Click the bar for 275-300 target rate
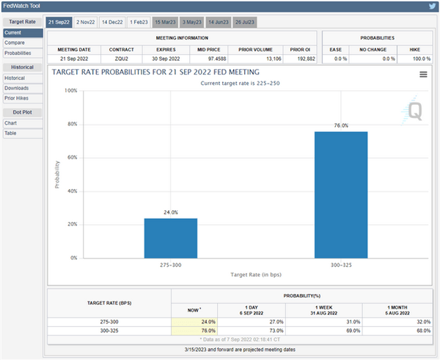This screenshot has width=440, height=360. coord(170,238)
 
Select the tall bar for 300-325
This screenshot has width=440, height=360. coord(341,194)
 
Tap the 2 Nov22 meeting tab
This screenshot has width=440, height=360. coord(85,23)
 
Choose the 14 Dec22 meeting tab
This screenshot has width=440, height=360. coord(113,23)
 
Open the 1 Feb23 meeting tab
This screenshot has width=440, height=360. coord(139,23)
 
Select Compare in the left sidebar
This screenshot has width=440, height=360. coord(15,43)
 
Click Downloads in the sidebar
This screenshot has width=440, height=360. coord(17,87)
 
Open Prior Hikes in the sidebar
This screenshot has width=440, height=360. coord(18,98)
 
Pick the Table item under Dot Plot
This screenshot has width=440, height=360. coord(11,133)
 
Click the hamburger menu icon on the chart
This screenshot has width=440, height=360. coord(423,75)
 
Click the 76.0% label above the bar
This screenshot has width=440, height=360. coord(341,126)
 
